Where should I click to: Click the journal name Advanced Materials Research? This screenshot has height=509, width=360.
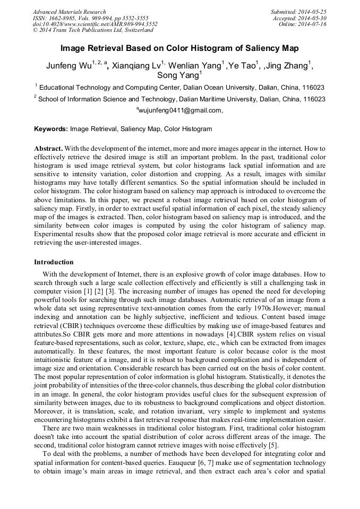tap(69, 12)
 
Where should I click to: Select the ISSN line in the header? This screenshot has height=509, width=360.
tap(90, 18)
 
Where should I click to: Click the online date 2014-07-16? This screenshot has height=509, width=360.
tap(313, 24)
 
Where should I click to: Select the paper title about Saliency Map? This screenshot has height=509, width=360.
tap(179, 48)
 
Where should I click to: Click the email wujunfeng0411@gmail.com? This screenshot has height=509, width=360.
tap(181, 110)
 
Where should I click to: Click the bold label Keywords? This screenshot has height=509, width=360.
tap(51, 128)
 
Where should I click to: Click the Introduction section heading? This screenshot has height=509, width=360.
tap(54, 262)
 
